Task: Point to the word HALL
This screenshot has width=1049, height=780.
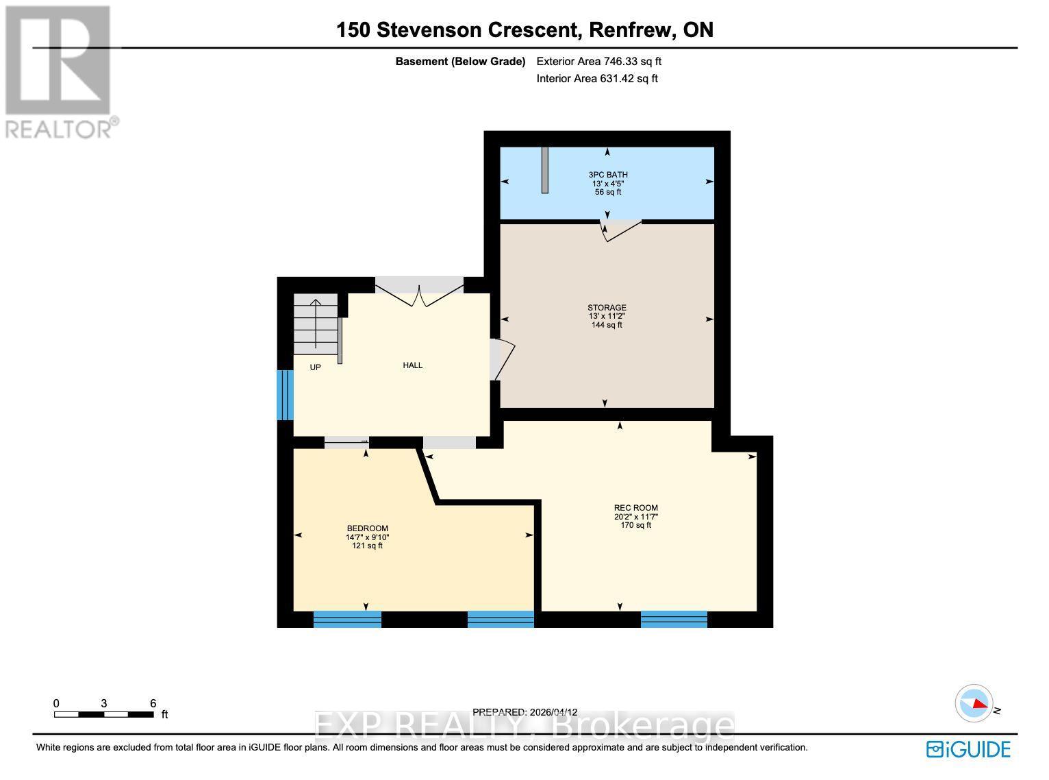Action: pyautogui.click(x=412, y=365)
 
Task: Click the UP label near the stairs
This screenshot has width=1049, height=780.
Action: pyautogui.click(x=315, y=367)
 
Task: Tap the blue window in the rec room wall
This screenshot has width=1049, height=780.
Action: pyautogui.click(x=674, y=619)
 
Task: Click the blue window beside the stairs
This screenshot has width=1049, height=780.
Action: pyautogui.click(x=285, y=395)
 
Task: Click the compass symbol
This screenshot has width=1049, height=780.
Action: pyautogui.click(x=973, y=703)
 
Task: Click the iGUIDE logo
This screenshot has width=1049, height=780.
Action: pyautogui.click(x=968, y=749)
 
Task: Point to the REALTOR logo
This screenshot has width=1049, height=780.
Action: pyautogui.click(x=59, y=71)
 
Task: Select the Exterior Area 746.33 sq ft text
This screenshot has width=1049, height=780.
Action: pyautogui.click(x=598, y=61)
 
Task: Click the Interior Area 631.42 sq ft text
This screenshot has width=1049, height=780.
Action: pyautogui.click(x=596, y=78)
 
